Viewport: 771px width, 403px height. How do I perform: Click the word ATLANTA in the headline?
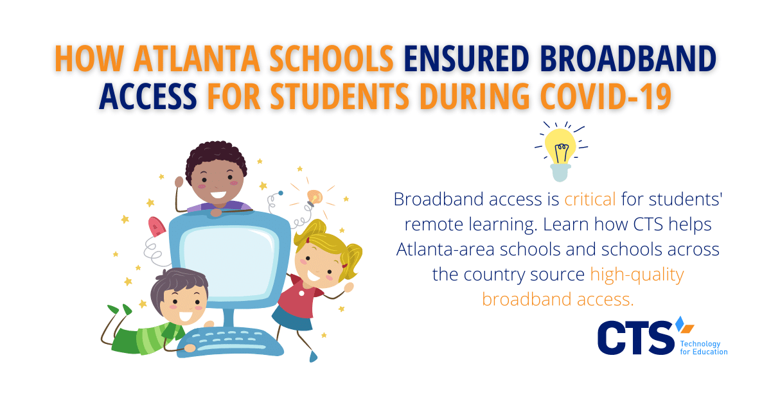tap(197, 59)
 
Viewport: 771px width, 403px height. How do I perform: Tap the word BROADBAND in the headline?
tap(628, 59)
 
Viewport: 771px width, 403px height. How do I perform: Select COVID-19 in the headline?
tap(606, 96)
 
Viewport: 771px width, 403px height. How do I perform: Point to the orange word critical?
tap(590, 199)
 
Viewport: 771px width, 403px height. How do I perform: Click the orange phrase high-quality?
tap(637, 275)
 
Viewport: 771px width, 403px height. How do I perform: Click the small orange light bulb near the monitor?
tap(314, 198)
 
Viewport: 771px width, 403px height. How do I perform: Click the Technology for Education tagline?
tap(704, 348)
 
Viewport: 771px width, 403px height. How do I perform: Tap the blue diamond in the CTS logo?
tap(680, 323)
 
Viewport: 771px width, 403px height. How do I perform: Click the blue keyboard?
tap(230, 342)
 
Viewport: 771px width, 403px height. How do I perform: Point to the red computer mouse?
tap(157, 227)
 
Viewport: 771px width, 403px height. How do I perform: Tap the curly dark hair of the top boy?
tap(216, 157)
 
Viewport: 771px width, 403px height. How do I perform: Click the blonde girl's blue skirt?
tap(292, 318)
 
